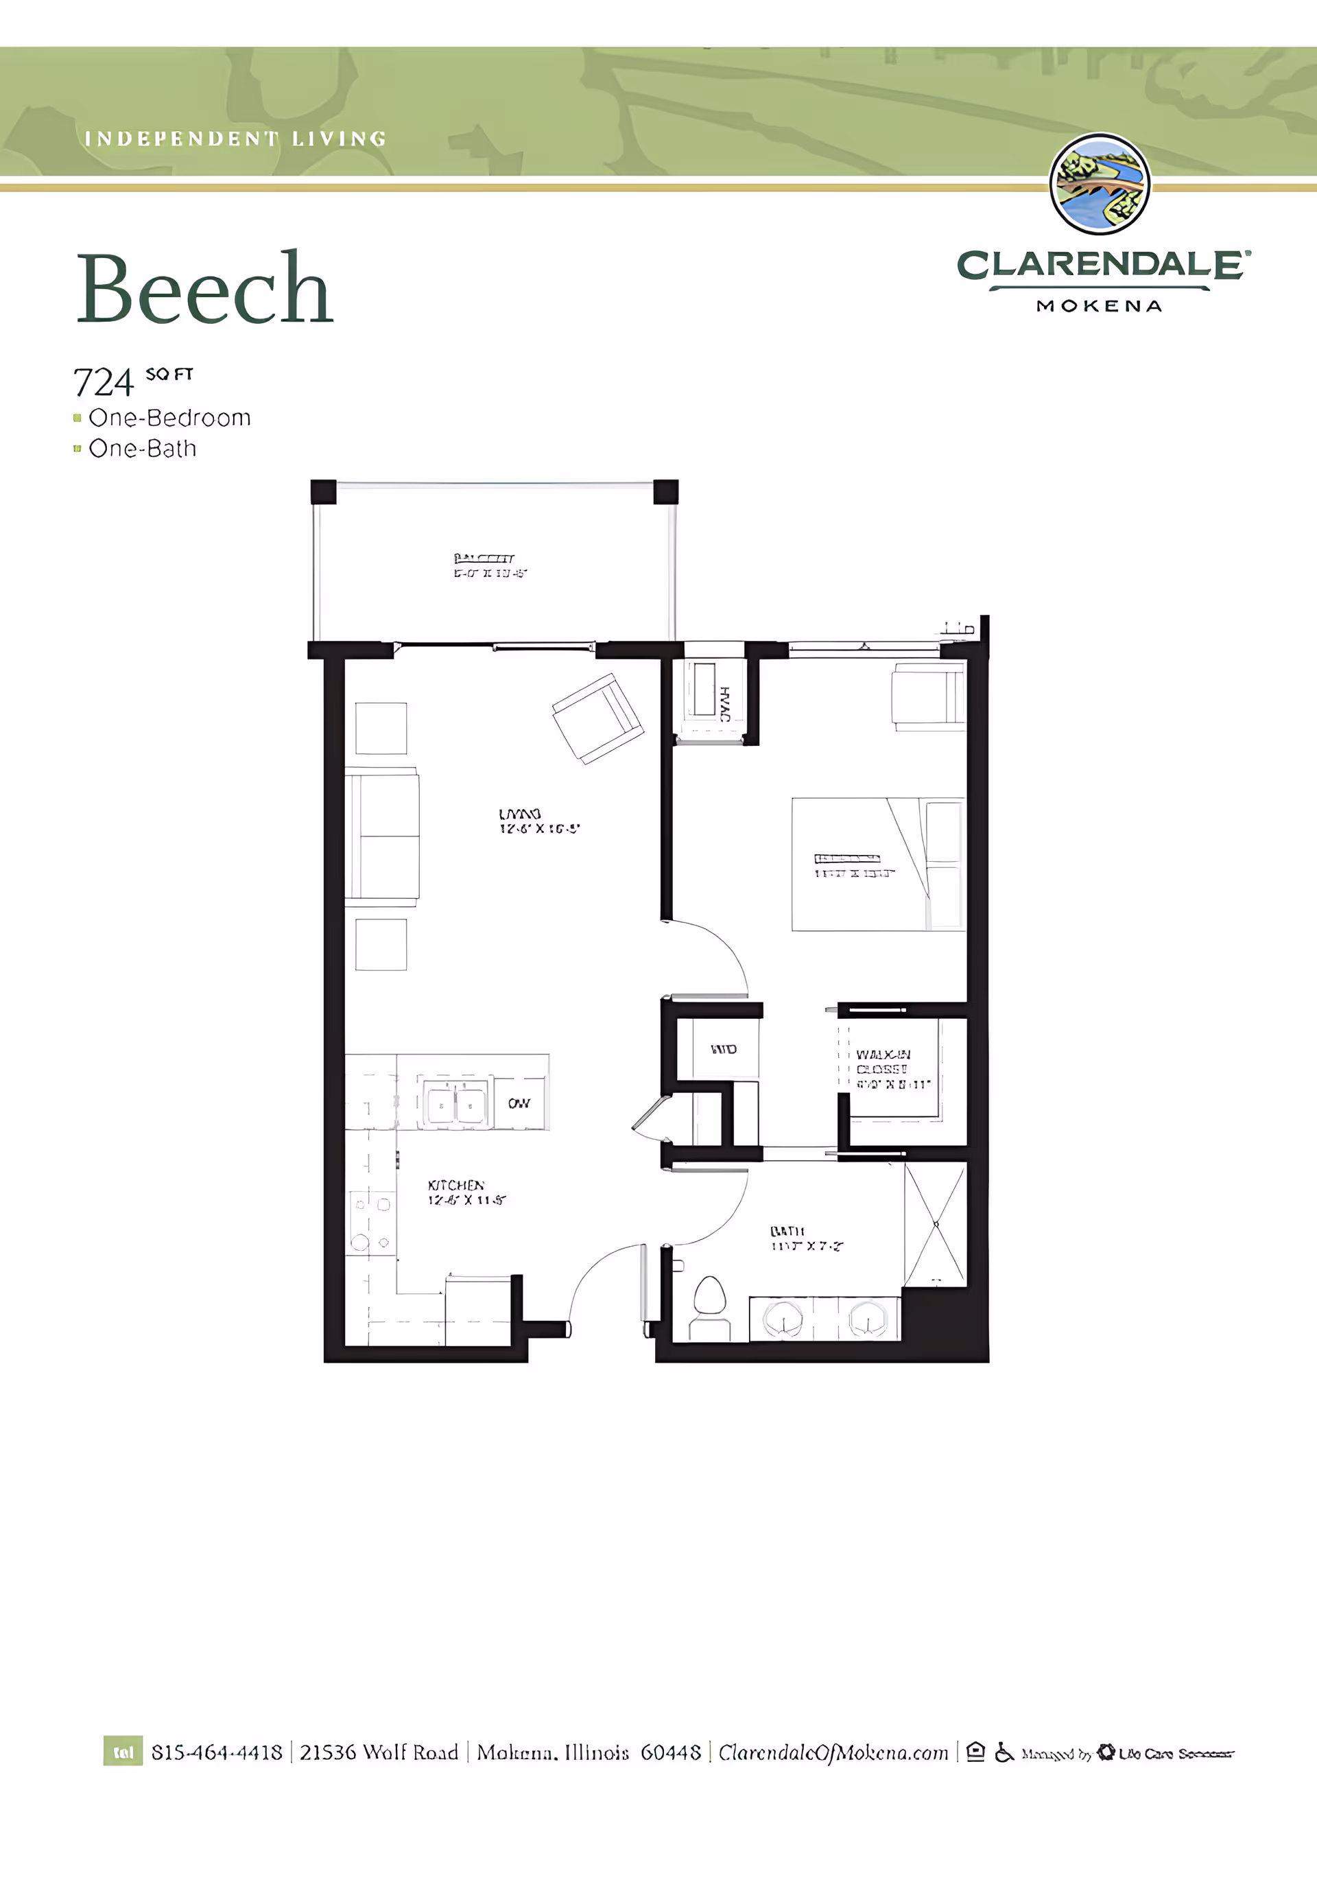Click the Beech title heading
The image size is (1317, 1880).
(x=204, y=290)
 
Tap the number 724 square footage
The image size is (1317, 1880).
(x=103, y=382)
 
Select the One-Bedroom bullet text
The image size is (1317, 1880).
(x=169, y=418)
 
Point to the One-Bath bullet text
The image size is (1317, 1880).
(x=143, y=449)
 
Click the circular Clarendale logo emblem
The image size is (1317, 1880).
(x=1100, y=185)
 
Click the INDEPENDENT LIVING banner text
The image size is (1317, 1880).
(x=235, y=139)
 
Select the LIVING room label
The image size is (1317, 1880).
(x=521, y=814)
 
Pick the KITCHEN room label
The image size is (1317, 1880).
(x=456, y=1185)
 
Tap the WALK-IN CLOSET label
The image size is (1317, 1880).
(x=883, y=1062)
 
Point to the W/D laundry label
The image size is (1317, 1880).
(x=724, y=1049)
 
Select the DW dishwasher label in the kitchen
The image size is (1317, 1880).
(x=519, y=1103)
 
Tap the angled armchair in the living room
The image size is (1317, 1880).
(x=597, y=718)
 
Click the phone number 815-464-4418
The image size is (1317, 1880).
(x=217, y=1752)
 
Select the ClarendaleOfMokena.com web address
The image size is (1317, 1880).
(x=833, y=1752)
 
